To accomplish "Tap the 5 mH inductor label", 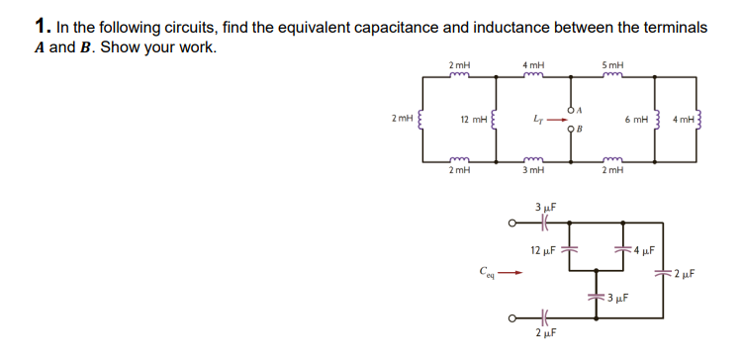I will click(612, 66).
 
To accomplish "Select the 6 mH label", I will click(635, 119).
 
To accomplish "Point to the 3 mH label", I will click(533, 171).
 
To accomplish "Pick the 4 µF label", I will click(644, 250).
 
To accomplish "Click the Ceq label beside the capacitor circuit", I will click(485, 268).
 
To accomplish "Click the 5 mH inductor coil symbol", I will click(612, 77).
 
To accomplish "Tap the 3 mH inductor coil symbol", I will click(533, 159).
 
